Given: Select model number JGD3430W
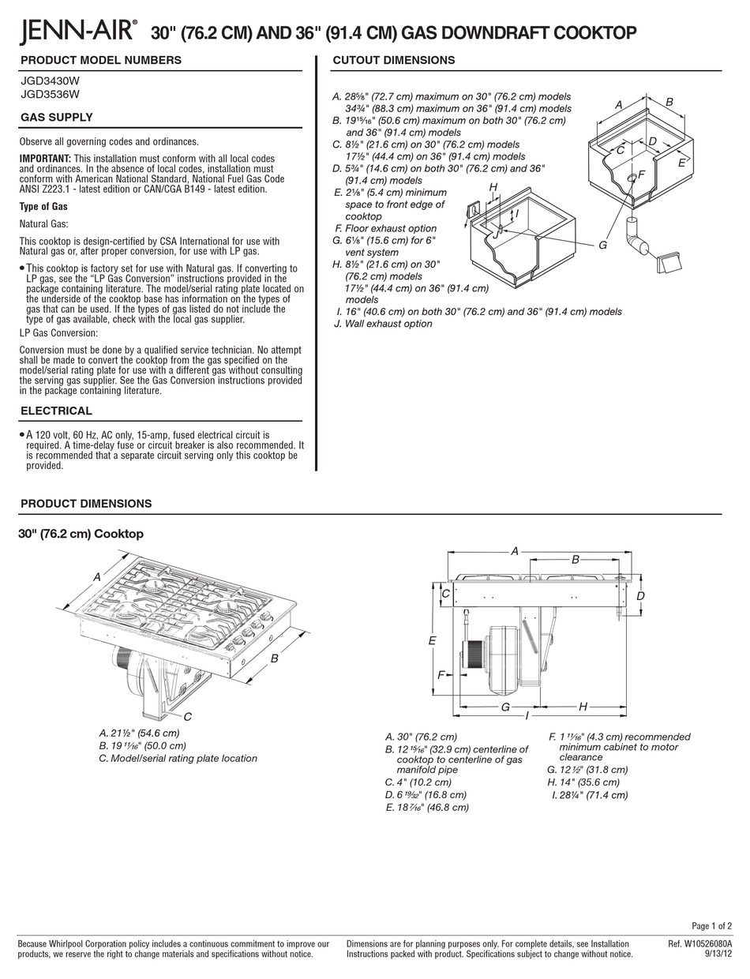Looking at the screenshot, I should (x=49, y=81).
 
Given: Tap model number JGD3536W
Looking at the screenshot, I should (x=49, y=94).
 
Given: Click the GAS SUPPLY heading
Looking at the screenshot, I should (x=56, y=118).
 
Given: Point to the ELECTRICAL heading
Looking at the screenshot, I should (x=56, y=411).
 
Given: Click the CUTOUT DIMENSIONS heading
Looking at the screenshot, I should (x=393, y=60).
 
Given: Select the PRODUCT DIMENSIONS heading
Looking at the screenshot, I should (x=86, y=504).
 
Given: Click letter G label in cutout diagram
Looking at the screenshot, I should (x=602, y=246).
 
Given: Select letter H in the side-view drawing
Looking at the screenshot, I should (x=583, y=707).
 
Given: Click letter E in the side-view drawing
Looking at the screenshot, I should (x=432, y=640).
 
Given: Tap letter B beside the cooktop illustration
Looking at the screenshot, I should (x=274, y=658).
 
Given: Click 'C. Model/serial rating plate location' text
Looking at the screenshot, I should (x=178, y=759).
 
